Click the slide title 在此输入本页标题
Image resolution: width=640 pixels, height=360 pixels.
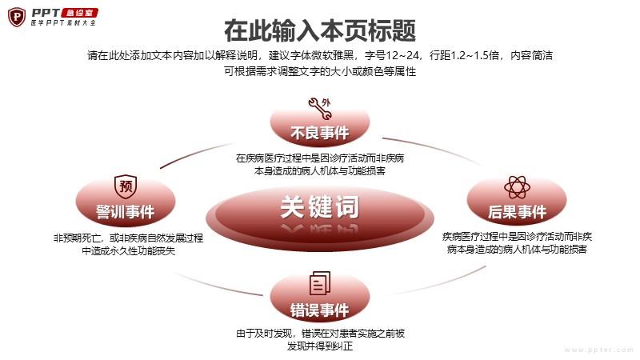point(320,30)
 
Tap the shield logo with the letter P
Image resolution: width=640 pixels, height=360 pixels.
point(17,17)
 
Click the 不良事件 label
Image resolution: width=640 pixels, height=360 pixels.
point(320,133)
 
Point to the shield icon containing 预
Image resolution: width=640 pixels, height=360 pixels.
point(126,187)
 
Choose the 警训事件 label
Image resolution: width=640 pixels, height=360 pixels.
point(126,212)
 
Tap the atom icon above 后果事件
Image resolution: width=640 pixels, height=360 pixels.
point(517,187)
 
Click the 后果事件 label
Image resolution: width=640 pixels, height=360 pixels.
point(517,212)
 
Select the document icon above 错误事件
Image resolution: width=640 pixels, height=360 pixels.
point(320,283)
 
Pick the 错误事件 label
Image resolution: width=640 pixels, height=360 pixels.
point(320,310)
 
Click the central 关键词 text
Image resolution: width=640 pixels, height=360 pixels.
point(320,207)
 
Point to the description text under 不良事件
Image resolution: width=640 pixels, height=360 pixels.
point(320,165)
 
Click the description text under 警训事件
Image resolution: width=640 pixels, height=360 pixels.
point(128,244)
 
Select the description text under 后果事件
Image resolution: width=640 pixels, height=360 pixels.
point(517,243)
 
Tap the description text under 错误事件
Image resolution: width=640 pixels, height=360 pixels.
point(321,339)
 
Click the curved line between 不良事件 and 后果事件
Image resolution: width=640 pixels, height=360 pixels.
point(433,150)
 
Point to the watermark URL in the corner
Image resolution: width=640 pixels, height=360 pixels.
point(598,350)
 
